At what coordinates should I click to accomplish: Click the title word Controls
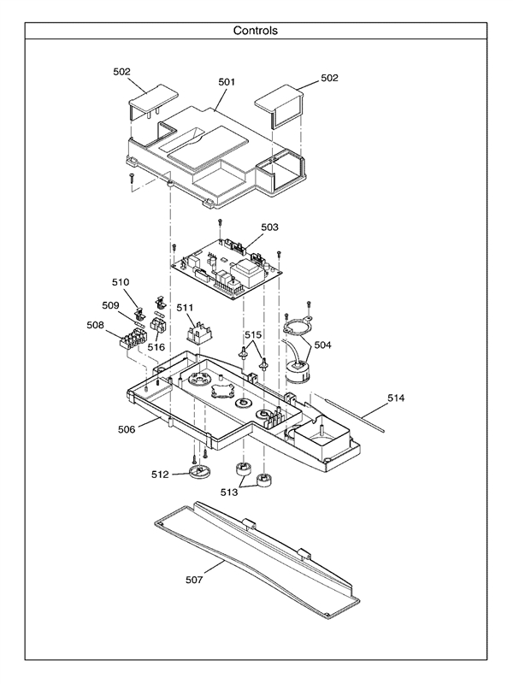point(256,30)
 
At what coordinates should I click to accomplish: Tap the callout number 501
point(227,83)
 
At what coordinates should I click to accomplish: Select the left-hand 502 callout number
point(122,72)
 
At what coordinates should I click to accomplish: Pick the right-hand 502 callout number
point(329,78)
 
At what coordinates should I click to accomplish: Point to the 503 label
point(269,227)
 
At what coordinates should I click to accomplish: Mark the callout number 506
point(126,429)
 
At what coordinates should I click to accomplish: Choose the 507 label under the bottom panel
point(195,580)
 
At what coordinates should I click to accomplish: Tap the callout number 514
point(395,398)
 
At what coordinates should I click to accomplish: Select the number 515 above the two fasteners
point(255,334)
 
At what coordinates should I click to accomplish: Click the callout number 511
point(186,307)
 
